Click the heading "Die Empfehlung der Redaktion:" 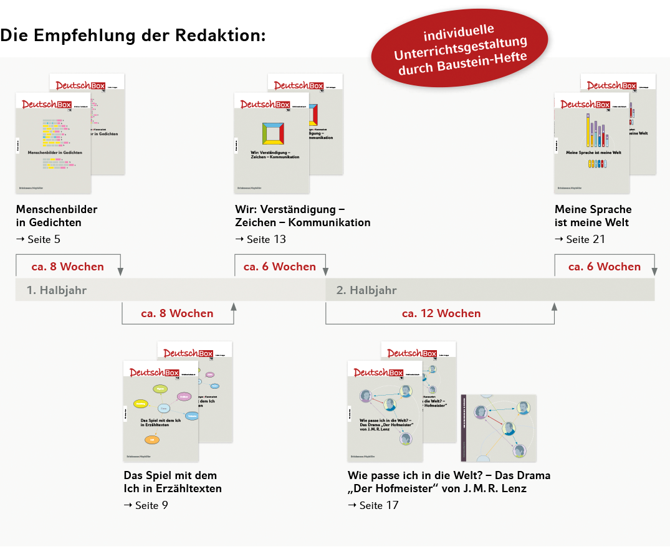click(x=133, y=35)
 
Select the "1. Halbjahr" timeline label click(x=57, y=290)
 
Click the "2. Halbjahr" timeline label click(x=366, y=290)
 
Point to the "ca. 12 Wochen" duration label click(x=441, y=313)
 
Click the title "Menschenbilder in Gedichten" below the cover click(x=57, y=216)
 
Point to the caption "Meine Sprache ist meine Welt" click(x=593, y=216)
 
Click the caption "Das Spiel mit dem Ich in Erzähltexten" click(x=173, y=482)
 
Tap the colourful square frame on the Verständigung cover click(x=273, y=135)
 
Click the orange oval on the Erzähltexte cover click(x=151, y=440)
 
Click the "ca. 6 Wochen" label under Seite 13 click(x=280, y=267)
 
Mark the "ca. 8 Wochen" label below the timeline click(x=177, y=313)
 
